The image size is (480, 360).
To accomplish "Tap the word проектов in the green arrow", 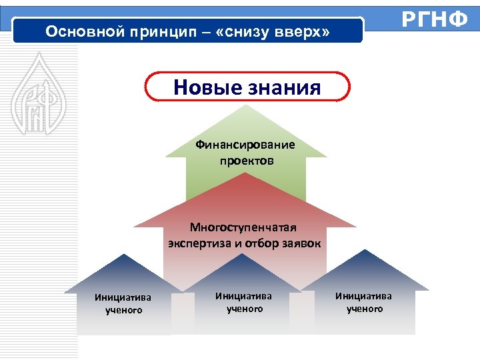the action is (246, 161).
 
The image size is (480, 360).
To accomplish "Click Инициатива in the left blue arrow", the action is (123, 298).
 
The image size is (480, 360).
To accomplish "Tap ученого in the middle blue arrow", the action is (245, 309).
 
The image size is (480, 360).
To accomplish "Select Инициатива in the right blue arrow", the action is (364, 295).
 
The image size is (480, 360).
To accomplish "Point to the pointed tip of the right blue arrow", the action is (364, 251).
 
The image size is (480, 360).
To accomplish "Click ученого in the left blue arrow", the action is (123, 311).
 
